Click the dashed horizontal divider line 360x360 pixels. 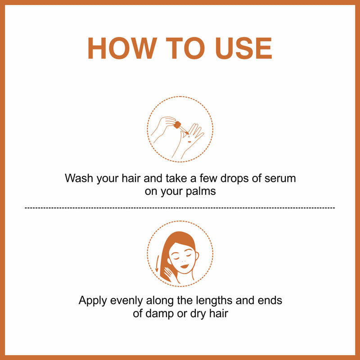(180, 208)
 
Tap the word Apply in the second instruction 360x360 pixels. (92, 300)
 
